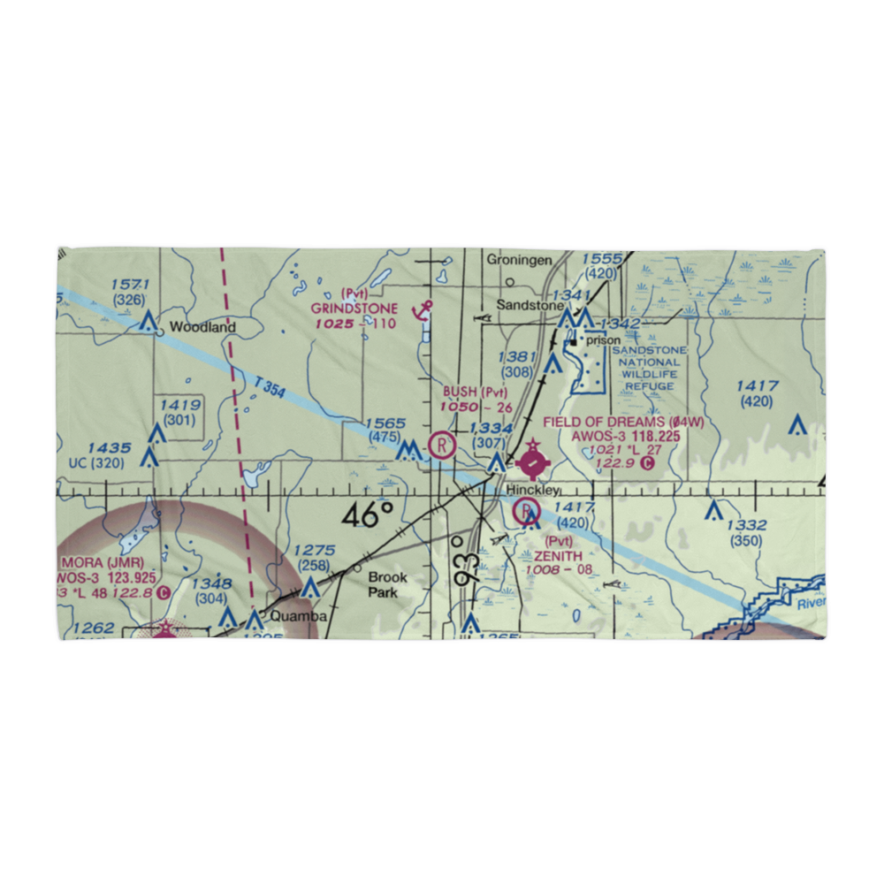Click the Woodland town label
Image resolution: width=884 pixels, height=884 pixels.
(x=202, y=327)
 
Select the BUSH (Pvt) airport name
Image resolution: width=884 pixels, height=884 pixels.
(x=476, y=392)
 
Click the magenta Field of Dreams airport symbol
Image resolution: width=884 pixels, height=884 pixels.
(x=532, y=461)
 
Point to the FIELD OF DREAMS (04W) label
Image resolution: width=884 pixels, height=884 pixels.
(x=623, y=423)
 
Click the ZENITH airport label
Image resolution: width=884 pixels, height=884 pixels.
(x=558, y=556)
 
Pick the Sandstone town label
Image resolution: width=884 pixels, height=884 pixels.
(x=529, y=305)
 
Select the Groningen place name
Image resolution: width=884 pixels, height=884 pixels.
(x=519, y=260)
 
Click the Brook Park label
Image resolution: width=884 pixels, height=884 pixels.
(x=388, y=584)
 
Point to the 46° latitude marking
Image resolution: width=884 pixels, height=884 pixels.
(x=367, y=514)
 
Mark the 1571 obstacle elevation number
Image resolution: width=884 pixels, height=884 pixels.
(x=131, y=285)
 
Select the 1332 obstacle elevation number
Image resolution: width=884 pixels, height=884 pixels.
(x=747, y=525)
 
